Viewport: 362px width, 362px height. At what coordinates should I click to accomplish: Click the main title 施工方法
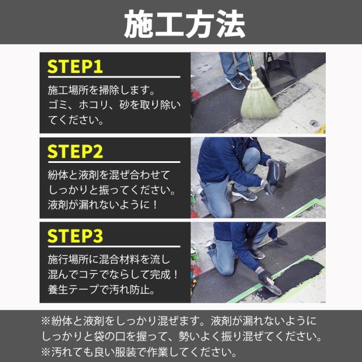[x=184, y=24]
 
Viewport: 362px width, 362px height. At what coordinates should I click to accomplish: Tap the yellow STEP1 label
[x=75, y=67]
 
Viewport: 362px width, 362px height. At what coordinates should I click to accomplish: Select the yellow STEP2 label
[x=75, y=152]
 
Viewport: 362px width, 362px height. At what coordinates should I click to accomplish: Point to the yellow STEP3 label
[x=75, y=236]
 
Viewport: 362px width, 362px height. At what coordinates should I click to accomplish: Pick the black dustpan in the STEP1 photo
[x=278, y=69]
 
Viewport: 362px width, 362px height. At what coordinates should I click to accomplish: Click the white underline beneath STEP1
[x=114, y=77]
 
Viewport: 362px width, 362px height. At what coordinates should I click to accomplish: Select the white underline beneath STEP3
[x=114, y=247]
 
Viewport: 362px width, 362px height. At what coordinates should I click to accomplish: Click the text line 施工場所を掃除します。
[x=101, y=90]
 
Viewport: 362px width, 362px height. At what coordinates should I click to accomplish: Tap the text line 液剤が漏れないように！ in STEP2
[x=102, y=205]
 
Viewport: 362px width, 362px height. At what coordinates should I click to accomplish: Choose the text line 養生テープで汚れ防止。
[x=101, y=290]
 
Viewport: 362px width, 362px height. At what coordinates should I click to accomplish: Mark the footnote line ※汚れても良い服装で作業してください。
[x=139, y=352]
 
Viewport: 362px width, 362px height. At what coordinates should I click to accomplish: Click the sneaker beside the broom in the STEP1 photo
[x=235, y=83]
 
